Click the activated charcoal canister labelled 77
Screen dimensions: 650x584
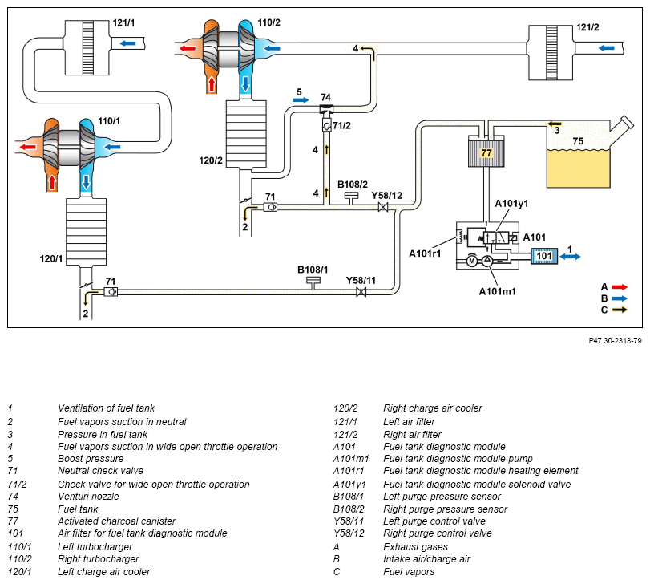486,152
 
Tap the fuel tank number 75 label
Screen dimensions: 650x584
578,141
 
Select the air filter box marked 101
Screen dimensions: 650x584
544,256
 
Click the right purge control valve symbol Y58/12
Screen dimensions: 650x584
383,206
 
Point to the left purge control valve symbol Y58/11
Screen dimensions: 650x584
361,291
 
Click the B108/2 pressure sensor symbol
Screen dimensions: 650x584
352,197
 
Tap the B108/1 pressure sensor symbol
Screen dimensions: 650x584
313,282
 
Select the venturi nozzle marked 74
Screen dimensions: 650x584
326,109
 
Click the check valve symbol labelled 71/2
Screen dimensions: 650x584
327,125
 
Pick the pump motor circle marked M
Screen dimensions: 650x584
472,261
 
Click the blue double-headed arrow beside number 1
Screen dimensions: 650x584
570,257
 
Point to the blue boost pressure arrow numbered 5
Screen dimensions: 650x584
301,99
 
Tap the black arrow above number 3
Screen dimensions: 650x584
555,124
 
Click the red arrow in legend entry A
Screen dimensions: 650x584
620,286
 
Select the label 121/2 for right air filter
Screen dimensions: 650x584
587,27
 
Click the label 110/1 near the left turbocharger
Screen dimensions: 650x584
109,120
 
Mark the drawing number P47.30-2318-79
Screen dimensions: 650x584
615,340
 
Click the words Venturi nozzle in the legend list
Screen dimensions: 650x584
88,496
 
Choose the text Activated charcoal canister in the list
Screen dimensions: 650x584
116,521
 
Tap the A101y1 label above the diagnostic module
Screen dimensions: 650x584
511,203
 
